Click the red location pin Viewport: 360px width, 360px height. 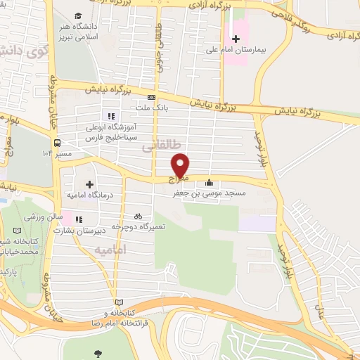point(181,165)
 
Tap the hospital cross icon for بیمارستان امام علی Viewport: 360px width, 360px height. point(236,38)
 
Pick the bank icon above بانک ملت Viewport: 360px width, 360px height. point(151,97)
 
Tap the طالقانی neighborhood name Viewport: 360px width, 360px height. point(157,146)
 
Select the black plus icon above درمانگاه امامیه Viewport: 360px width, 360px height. point(89,184)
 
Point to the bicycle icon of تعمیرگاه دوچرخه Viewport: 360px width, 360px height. point(138,217)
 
